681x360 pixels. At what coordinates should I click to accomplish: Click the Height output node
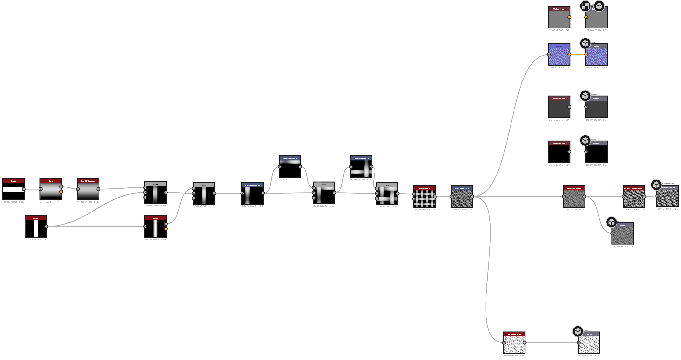click(x=623, y=234)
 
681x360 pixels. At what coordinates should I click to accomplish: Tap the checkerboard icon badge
click(x=585, y=6)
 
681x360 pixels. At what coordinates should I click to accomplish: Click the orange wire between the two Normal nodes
click(x=578, y=55)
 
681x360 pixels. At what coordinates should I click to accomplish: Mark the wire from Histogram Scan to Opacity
click(x=551, y=343)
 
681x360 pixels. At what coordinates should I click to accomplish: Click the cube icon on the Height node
click(x=611, y=222)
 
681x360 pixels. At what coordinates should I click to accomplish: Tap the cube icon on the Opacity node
click(x=578, y=331)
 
